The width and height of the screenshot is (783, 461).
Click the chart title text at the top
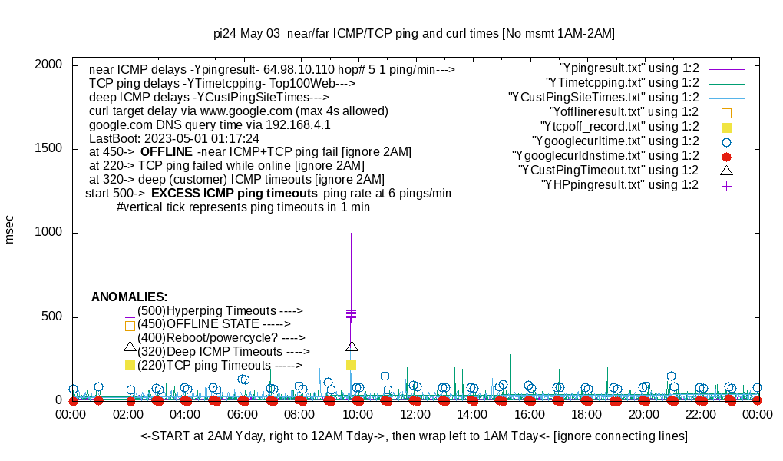click(414, 34)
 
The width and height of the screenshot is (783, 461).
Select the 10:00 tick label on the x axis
click(358, 414)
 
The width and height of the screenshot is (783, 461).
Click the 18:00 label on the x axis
click(586, 414)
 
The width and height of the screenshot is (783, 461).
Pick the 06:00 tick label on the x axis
click(244, 414)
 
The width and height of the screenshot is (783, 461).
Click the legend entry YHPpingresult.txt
click(619, 184)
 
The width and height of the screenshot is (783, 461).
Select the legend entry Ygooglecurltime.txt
click(614, 141)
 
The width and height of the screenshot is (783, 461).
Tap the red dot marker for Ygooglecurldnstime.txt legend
click(726, 156)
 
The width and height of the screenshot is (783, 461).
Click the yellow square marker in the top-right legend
click(726, 127)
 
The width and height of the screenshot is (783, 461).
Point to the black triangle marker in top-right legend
click(726, 170)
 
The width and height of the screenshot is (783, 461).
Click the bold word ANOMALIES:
click(129, 297)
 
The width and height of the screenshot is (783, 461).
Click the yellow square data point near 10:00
click(352, 364)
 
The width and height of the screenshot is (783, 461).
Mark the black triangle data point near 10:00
click(352, 347)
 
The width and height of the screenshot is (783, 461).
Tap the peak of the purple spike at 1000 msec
click(352, 234)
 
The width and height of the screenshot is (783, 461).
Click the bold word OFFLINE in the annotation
click(166, 151)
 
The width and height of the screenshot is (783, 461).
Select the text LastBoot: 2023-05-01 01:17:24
click(174, 138)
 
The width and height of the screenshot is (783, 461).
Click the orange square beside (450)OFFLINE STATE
click(130, 326)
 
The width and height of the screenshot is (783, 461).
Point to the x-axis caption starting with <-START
click(414, 436)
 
